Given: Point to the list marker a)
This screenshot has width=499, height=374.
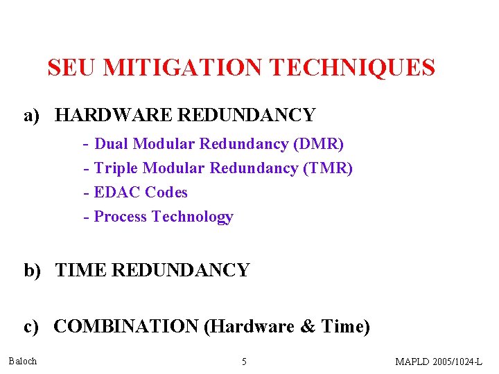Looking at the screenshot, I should [x=33, y=115].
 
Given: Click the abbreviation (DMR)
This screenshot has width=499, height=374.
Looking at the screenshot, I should [x=319, y=144].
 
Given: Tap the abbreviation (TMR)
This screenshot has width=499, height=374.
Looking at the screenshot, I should [x=328, y=168].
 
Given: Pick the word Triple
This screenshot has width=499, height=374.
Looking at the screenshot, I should [x=116, y=168].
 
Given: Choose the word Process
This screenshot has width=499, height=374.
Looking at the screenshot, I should [x=121, y=217].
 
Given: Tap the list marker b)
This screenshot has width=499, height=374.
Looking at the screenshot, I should [x=33, y=270].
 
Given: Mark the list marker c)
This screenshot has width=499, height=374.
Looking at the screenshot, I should [x=33, y=326].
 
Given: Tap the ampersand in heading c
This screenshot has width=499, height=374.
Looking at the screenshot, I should [x=308, y=326].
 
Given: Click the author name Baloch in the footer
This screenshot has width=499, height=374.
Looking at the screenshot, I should [x=23, y=361].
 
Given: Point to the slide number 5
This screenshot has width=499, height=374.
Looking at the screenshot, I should [x=243, y=362].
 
